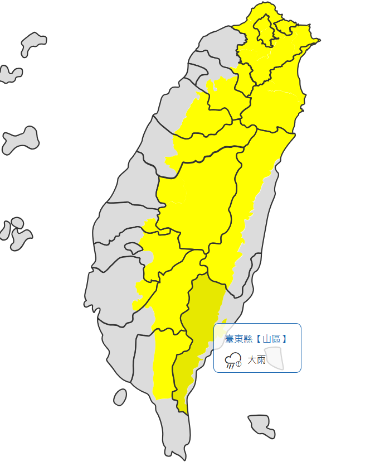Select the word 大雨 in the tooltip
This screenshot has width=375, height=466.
point(256,360)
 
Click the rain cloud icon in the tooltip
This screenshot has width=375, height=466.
point(232,360)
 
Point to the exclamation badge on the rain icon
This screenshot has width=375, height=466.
point(238,364)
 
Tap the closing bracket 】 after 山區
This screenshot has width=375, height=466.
point(284,339)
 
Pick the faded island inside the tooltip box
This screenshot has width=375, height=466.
point(274,358)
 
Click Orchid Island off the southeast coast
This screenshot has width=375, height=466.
point(262,425)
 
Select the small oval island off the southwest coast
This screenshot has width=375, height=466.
point(120,397)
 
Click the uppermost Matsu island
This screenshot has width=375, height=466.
point(33,44)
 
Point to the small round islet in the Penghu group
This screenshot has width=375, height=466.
point(17,223)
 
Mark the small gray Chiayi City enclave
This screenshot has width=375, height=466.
point(133,247)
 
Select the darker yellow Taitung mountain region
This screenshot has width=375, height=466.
point(201,324)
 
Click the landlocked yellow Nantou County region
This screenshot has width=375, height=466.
point(195,195)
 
